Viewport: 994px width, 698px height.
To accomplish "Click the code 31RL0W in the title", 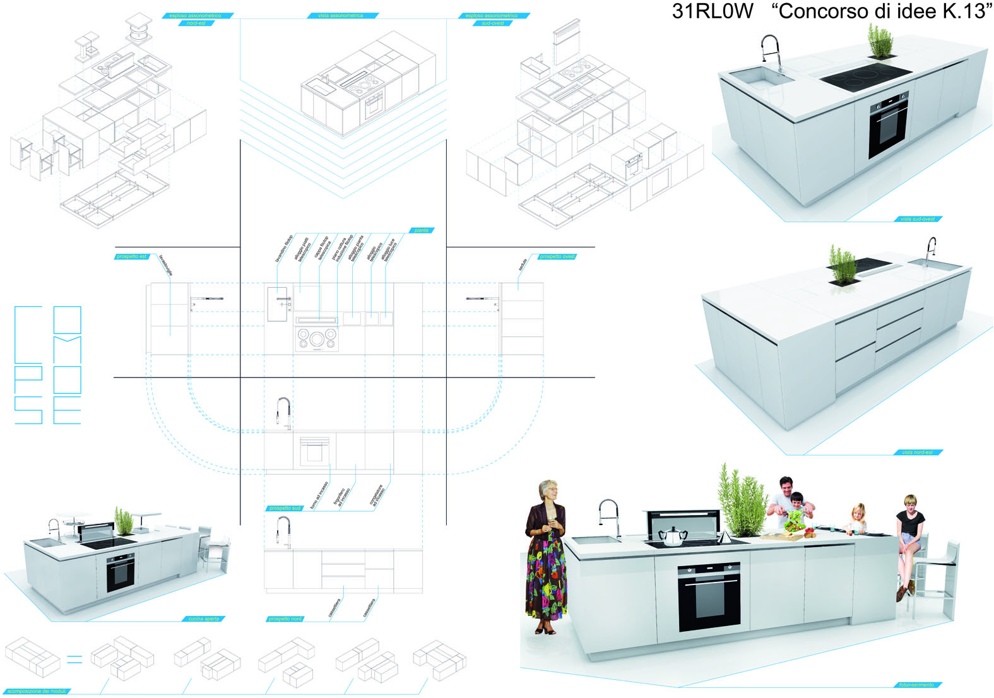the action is point(712,11).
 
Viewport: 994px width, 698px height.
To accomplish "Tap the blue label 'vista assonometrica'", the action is point(340,15).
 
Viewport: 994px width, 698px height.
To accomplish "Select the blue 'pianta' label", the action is point(422,230).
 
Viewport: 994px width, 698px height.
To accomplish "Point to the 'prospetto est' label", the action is point(131,256).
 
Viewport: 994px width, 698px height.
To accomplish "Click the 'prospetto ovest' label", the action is point(557,256).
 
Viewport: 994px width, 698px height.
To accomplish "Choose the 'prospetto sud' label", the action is point(285,508).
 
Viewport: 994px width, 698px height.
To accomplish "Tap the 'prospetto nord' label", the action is point(285,618).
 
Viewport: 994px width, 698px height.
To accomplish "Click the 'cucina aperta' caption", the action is point(203,618).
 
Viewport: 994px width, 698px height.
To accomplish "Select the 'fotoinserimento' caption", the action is point(916,685).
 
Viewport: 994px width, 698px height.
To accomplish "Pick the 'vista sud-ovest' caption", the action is point(918,219).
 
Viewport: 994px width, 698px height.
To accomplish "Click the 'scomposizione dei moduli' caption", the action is point(36,691).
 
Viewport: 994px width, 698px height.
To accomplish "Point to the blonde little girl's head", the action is point(858,511).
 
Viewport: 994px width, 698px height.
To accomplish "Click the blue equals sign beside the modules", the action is point(74,660).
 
